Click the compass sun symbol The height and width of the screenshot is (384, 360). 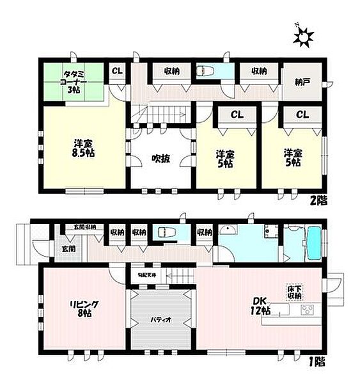[x=303, y=37]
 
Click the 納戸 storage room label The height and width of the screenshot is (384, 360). [x=301, y=83]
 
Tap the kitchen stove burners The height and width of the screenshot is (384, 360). [x=306, y=311]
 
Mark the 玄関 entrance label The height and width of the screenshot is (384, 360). [x=51, y=248]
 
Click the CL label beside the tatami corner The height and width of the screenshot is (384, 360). [x=118, y=72]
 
